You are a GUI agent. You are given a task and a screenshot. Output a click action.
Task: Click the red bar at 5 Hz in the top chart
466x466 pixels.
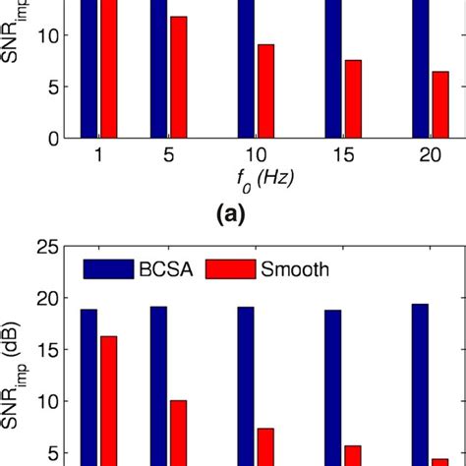[178, 77]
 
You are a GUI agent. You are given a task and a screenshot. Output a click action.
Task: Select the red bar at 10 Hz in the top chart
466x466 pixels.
[264, 90]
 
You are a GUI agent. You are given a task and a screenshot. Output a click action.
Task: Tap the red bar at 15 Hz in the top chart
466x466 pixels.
[352, 98]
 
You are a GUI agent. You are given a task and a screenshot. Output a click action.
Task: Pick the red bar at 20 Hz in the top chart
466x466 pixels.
[439, 104]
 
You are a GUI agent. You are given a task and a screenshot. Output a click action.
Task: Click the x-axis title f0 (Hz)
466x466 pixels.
[258, 180]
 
